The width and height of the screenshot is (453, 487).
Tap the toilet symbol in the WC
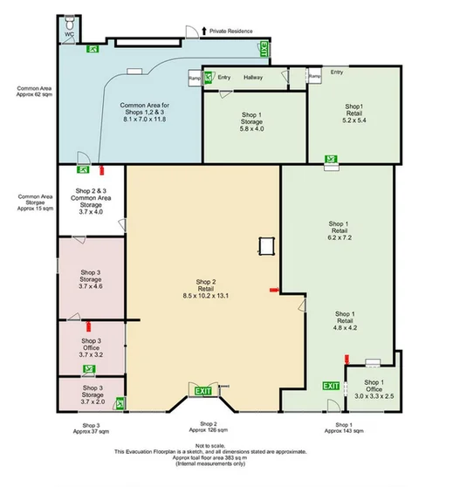pyautogui.click(x=69, y=26)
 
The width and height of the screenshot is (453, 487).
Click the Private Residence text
pyautogui.click(x=231, y=31)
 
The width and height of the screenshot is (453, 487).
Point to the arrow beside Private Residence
pyautogui.click(x=204, y=31)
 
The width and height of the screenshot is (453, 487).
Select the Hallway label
pyautogui.click(x=253, y=77)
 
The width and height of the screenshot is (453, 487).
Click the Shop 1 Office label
pyautogui.click(x=374, y=389)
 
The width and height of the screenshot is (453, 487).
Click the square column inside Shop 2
pyautogui.click(x=266, y=246)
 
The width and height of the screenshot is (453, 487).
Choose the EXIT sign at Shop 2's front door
pyautogui.click(x=203, y=390)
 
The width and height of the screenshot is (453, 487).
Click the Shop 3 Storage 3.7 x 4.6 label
pyautogui.click(x=91, y=279)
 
